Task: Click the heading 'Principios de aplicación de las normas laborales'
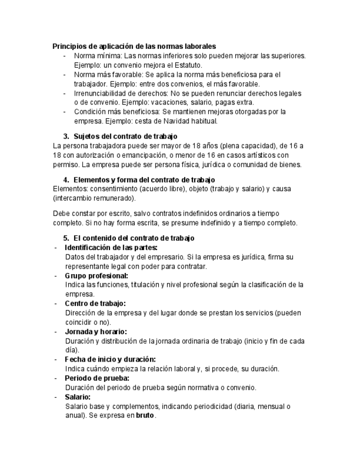(134, 46)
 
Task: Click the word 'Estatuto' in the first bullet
(187, 65)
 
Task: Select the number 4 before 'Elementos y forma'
(66, 180)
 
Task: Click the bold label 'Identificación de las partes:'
(111, 247)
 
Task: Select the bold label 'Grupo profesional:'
(96, 275)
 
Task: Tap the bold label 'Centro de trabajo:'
(95, 303)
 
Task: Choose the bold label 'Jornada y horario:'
(96, 331)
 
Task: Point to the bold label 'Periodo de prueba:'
(97, 378)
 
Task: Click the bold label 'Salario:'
(77, 397)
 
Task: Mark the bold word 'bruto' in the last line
(146, 416)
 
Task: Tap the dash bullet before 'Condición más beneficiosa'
(65, 112)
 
